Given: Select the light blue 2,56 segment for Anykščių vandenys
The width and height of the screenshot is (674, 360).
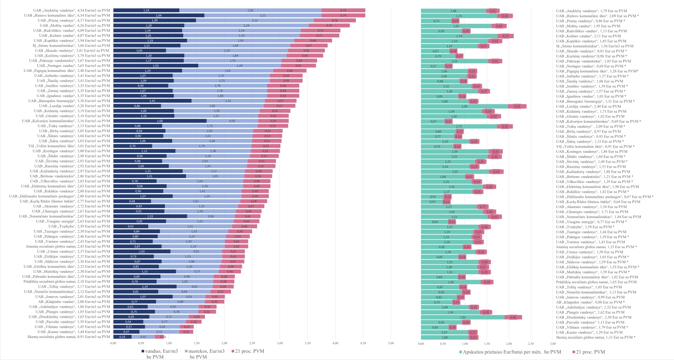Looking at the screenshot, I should (250, 10).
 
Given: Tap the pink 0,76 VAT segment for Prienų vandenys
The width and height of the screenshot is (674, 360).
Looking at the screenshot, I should (335, 20).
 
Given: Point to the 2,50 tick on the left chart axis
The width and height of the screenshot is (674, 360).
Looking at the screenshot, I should (252, 344).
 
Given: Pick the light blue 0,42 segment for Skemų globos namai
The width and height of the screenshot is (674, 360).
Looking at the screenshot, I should (143, 337).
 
